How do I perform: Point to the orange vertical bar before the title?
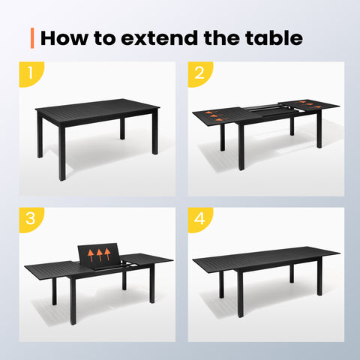click(x=32, y=37)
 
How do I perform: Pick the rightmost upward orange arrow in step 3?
click(x=108, y=251)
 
